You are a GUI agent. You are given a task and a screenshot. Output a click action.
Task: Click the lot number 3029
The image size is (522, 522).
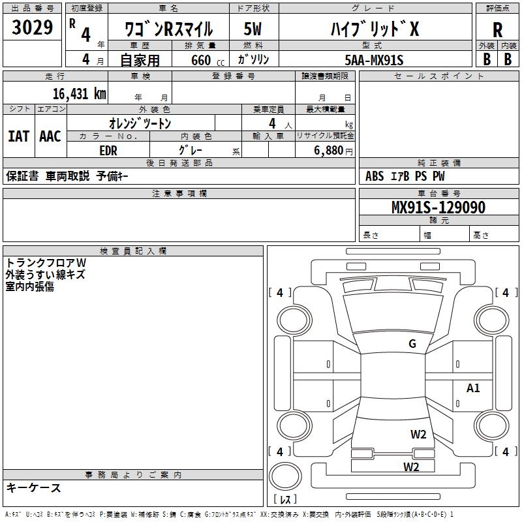click(x=33, y=28)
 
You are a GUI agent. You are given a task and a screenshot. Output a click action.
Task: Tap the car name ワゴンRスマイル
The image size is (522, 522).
click(x=168, y=29)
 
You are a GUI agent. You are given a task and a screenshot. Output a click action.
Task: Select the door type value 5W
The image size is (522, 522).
click(x=253, y=29)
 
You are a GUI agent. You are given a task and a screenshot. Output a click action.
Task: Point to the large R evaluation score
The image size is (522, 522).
click(x=497, y=30)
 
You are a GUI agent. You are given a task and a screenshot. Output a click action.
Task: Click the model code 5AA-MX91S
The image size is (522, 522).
click(x=374, y=59)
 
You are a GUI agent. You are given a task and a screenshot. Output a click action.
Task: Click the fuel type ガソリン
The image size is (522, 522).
click(x=253, y=59)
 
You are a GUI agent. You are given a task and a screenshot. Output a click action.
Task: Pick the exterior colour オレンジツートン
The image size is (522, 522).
click(x=140, y=123)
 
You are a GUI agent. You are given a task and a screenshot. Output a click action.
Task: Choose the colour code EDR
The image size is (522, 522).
click(x=109, y=150)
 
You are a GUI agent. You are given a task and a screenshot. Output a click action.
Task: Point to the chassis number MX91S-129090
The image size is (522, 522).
click(x=438, y=207)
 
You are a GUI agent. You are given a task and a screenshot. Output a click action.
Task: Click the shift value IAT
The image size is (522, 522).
click(x=18, y=136)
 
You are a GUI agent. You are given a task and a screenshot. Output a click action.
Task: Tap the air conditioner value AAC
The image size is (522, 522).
click(x=50, y=136)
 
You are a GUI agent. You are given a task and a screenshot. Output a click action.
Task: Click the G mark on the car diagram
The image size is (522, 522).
click(x=412, y=344)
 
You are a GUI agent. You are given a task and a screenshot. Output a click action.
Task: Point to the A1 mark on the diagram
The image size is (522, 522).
click(x=473, y=388)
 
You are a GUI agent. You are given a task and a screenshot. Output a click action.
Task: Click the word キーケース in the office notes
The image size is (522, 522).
click(x=33, y=488)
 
